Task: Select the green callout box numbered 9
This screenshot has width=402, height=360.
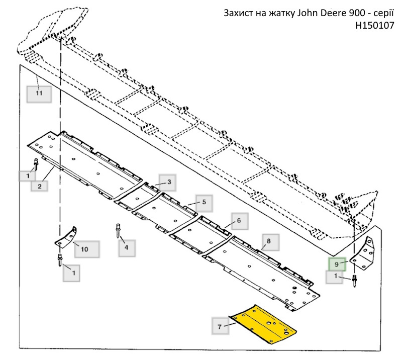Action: tap(337, 264)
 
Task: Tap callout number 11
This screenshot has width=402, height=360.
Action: tap(39, 94)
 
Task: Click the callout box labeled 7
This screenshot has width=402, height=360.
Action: tap(220, 326)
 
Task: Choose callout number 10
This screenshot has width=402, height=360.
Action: tap(86, 249)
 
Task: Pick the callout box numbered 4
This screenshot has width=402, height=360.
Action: tap(127, 248)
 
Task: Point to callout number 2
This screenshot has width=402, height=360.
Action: tap(39, 187)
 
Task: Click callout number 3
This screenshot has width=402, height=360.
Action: tap(167, 183)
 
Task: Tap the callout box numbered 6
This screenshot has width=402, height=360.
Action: tap(240, 221)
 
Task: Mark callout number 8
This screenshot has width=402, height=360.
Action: tap(270, 242)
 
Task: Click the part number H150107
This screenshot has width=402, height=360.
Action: tap(374, 26)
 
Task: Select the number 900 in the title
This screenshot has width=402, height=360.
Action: tap(357, 13)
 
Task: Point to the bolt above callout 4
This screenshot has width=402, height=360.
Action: tap(118, 230)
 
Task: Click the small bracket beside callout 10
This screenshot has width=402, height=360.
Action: tap(66, 237)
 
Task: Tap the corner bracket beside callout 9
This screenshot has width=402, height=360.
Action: tap(363, 253)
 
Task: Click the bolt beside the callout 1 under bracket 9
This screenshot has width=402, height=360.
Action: tap(355, 281)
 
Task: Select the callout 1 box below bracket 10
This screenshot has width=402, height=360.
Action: tap(71, 273)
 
